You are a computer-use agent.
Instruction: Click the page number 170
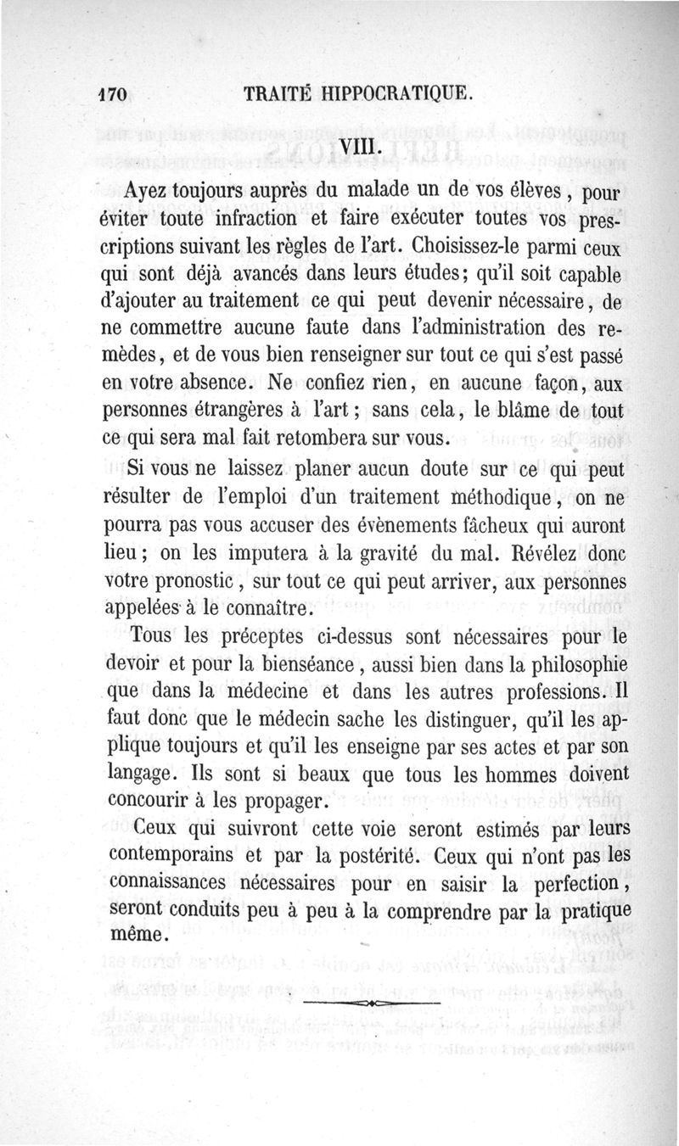pyautogui.click(x=113, y=94)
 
